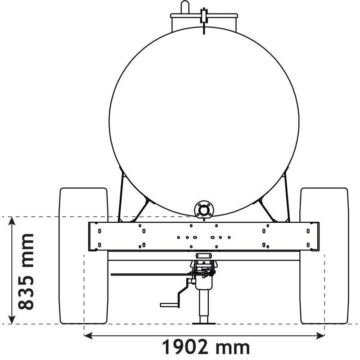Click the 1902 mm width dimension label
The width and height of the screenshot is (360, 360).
pos(206,347)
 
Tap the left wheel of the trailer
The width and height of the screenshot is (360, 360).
pos(83,256)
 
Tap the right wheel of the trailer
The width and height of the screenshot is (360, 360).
pos(324,256)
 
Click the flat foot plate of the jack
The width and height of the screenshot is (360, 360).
pos(204,324)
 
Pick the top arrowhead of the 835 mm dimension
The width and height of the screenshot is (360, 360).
pos(12,221)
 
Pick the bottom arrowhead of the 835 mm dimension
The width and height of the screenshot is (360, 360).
pos(12,319)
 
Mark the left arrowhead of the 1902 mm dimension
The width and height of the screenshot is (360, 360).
pos(88,335)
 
